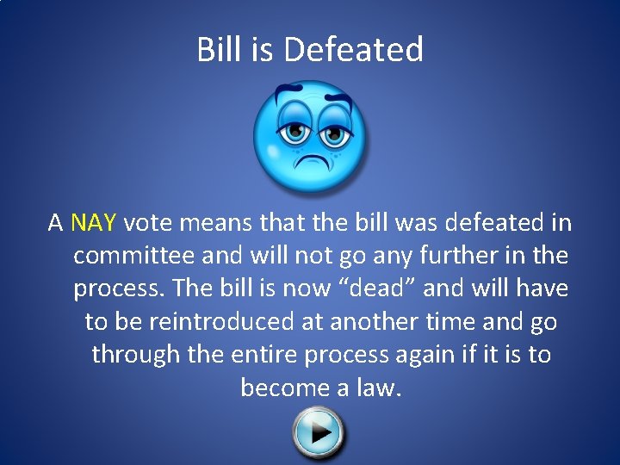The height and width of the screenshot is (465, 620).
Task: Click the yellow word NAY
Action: (93, 224)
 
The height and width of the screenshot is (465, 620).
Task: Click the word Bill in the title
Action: (218, 50)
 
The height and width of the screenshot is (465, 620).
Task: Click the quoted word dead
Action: (375, 289)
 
